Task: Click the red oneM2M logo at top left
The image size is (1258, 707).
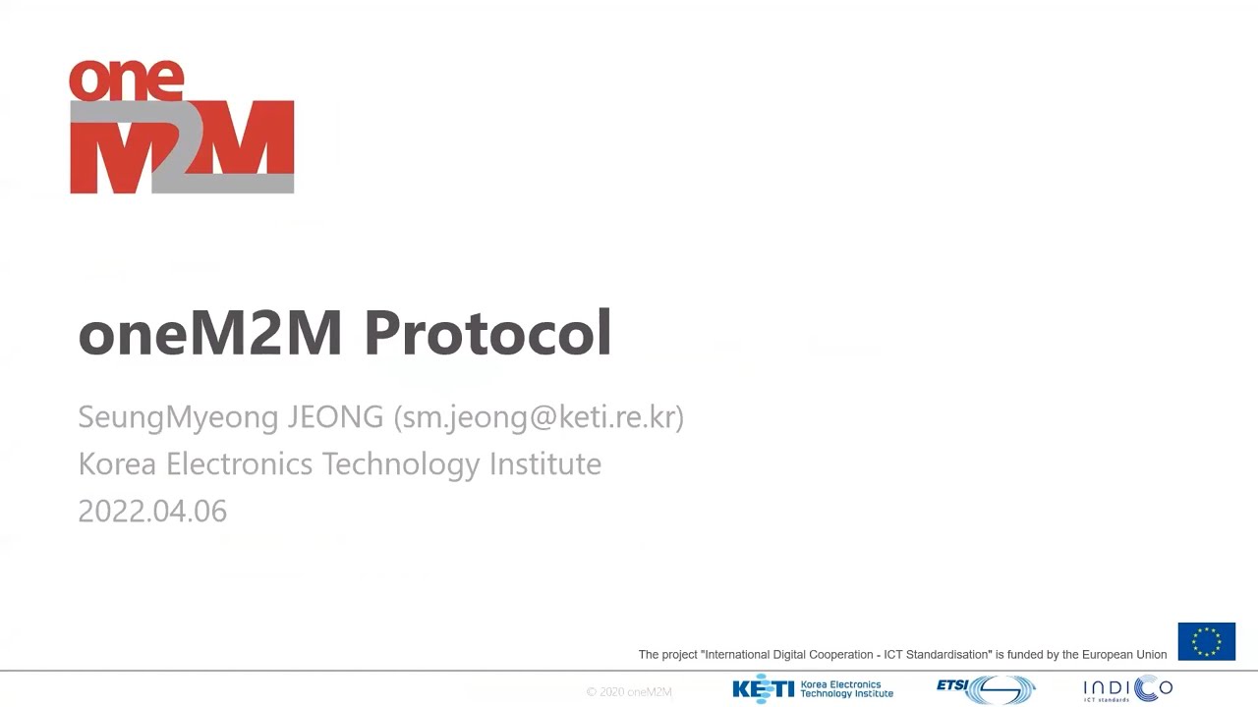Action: click(x=182, y=128)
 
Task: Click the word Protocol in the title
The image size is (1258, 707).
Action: click(x=487, y=333)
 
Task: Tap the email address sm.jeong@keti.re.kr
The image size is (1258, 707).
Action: click(x=539, y=416)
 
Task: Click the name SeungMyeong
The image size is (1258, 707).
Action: click(x=178, y=416)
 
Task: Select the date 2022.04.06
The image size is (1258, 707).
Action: click(x=152, y=511)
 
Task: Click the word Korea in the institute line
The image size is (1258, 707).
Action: click(x=117, y=463)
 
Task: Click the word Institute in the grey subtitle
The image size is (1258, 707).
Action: click(x=545, y=463)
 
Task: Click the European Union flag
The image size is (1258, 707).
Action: click(x=1206, y=641)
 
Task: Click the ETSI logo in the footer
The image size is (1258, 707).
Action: click(x=986, y=689)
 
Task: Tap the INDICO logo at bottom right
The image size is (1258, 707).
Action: click(x=1127, y=689)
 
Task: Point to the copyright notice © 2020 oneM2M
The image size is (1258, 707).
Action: click(x=629, y=692)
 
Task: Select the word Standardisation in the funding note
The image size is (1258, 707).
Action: click(x=943, y=655)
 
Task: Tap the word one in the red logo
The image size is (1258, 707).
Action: click(x=126, y=81)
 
